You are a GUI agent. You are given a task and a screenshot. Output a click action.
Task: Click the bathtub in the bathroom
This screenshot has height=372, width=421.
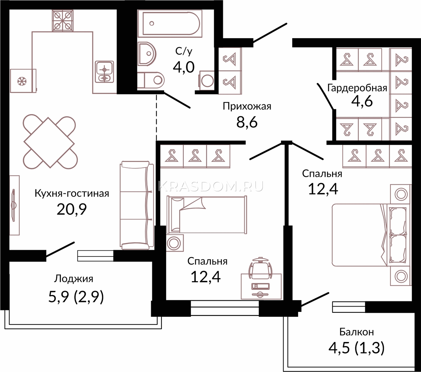[170, 23]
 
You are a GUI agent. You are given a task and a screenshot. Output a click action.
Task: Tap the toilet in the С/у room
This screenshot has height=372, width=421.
[151, 80]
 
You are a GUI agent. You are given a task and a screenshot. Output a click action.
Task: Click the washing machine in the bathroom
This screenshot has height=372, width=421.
[207, 81]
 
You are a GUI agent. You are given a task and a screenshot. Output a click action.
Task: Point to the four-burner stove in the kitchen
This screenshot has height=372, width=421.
[63, 21]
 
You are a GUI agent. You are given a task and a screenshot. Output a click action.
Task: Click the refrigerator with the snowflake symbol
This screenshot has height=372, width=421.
[23, 81]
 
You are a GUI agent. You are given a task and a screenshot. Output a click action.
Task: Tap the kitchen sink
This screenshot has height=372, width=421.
[104, 72]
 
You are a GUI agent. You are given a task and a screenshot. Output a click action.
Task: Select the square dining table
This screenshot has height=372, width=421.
[49, 142]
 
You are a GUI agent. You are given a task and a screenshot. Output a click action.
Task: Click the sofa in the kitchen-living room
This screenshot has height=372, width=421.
[137, 205]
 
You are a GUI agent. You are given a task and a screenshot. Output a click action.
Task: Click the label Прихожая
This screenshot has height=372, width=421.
[247, 106]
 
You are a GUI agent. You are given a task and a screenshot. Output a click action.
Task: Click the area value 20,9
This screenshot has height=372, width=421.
[72, 209]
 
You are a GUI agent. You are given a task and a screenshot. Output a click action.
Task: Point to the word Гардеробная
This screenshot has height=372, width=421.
[357, 88]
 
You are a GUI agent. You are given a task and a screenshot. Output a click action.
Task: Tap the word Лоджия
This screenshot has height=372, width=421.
[74, 279]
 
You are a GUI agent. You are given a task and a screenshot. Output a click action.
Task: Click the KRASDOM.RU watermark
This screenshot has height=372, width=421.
[211, 186]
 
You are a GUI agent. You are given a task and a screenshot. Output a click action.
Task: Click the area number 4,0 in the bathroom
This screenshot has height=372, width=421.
[184, 67]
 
